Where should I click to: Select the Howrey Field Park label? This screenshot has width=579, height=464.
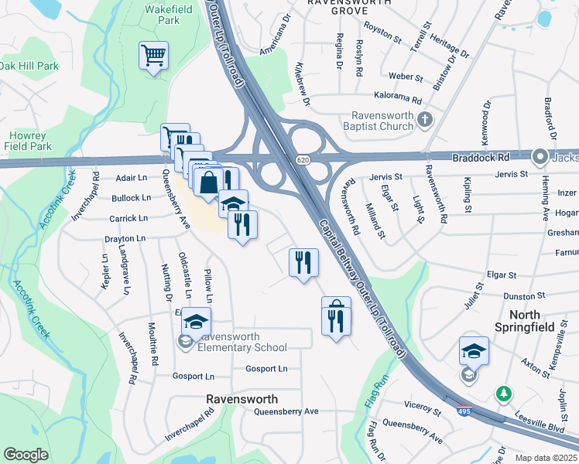click(27, 139)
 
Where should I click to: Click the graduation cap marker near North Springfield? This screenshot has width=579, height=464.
click(474, 352)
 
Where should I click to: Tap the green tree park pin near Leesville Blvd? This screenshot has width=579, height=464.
click(504, 394)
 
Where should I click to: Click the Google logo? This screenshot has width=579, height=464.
click(26, 454)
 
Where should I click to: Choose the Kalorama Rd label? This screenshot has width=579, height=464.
click(396, 101)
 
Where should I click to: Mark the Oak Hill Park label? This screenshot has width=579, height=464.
click(29, 67)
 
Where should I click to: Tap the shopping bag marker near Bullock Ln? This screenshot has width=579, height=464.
click(209, 185)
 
